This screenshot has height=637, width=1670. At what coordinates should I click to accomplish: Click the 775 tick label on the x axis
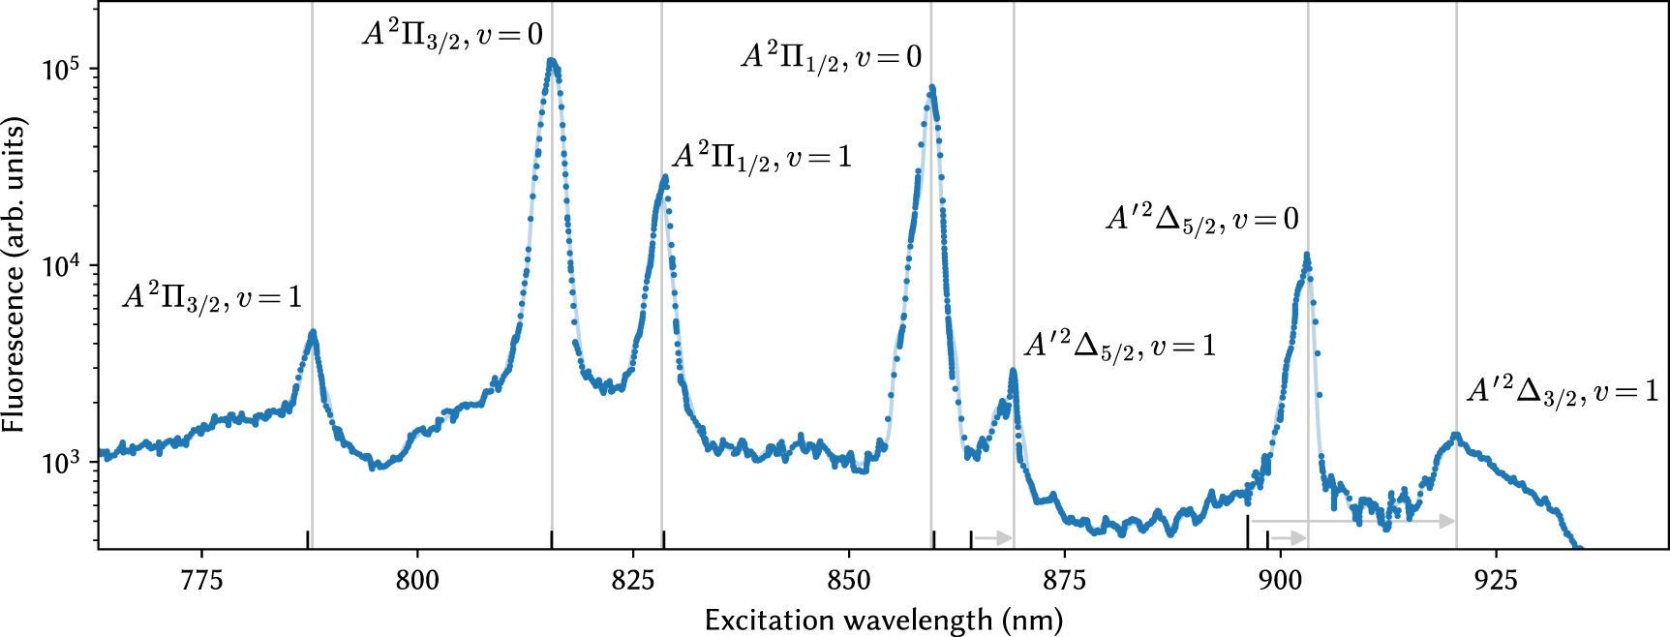pos(201,581)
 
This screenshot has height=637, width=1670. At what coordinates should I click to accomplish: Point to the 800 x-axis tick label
pos(417,581)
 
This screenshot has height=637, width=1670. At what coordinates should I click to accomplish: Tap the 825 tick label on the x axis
pos(633,581)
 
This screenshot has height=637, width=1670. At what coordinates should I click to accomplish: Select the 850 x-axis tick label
pos(849,581)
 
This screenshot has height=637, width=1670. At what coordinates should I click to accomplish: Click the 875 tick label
pos(1065,581)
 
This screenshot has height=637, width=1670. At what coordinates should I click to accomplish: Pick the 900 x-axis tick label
pos(1281,581)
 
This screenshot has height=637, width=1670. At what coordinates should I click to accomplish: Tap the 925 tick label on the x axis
pos(1497,581)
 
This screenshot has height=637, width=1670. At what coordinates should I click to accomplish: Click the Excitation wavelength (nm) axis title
pos(883,621)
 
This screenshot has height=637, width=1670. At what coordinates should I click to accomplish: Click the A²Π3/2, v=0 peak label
pos(452,36)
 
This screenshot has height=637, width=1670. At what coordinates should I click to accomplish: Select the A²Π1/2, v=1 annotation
pos(762,158)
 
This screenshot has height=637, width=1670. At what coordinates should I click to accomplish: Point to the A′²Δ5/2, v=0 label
pos(1201,220)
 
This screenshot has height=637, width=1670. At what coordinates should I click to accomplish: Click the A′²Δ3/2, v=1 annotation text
pos(1562,391)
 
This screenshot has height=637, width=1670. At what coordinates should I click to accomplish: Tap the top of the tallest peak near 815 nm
pos(552,61)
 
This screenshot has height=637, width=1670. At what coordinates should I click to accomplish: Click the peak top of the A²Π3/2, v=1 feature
pos(313,332)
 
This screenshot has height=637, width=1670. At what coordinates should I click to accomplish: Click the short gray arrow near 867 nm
pos(992,537)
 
